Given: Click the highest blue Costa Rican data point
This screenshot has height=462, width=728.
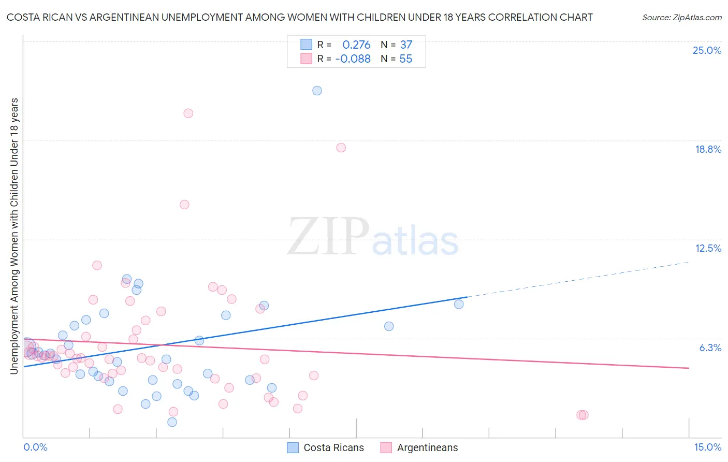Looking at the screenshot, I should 317,91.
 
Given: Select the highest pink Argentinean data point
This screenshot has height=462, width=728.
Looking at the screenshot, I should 188,113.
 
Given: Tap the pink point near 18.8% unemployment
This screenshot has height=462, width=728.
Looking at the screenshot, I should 341,148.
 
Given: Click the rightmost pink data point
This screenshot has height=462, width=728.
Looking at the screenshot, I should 583,415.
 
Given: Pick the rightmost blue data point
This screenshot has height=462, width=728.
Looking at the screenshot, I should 459,304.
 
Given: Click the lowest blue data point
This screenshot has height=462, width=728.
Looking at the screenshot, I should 172,422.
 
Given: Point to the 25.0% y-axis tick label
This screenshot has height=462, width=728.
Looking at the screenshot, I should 707,50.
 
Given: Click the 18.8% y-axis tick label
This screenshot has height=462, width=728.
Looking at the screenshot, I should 708,149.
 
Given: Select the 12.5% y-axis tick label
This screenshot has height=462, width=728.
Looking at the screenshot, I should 708,248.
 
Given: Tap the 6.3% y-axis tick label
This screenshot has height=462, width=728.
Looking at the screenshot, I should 710,348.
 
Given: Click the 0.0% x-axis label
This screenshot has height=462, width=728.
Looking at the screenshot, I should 35,447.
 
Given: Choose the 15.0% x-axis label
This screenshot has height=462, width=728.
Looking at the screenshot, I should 707,447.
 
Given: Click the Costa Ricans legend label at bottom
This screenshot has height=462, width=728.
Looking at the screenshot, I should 333,447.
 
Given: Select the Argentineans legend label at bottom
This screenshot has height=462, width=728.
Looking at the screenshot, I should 427,447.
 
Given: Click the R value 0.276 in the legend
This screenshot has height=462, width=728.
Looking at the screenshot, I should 356,45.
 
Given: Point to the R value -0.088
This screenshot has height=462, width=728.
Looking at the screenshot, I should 353,59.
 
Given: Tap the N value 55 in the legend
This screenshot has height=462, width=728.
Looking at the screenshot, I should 405,59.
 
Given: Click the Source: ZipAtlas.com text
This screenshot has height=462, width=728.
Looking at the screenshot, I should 681,18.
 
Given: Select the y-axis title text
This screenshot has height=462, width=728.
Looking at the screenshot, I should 14,236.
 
